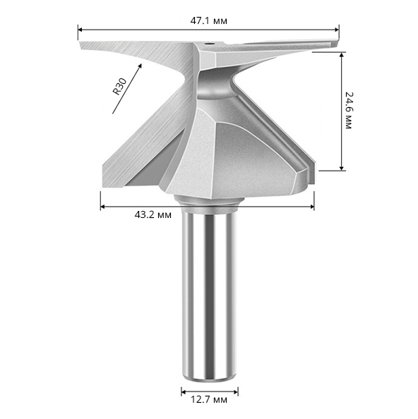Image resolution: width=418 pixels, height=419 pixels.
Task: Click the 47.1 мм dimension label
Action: [x=208, y=21]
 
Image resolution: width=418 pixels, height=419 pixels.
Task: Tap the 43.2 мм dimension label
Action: [x=153, y=214]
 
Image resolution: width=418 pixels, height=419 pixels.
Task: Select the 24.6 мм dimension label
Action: [x=349, y=111]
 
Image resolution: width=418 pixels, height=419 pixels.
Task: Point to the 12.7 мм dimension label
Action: [x=209, y=399]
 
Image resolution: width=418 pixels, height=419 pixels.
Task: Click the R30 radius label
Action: [x=119, y=86]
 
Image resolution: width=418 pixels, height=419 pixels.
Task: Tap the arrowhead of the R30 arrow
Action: [x=139, y=66]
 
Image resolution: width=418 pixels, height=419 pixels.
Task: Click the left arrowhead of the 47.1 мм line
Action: [x=80, y=30]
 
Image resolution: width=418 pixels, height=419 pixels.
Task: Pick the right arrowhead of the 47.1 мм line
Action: [x=336, y=30]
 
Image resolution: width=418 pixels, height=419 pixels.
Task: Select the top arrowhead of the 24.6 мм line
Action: [x=341, y=55]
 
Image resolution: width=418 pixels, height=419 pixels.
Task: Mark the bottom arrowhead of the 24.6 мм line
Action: [x=341, y=168]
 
